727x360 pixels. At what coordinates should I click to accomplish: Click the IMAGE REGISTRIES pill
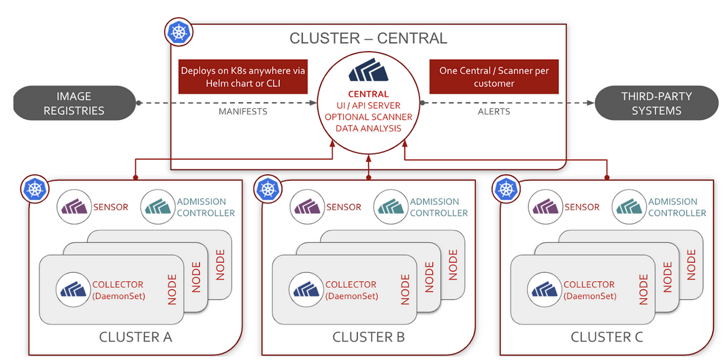[74, 103]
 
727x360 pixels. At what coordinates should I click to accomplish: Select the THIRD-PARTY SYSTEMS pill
[656, 103]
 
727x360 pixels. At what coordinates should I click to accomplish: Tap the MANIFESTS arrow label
[242, 111]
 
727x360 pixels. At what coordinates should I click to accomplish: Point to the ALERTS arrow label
[494, 111]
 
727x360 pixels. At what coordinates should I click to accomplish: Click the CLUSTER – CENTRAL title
[368, 38]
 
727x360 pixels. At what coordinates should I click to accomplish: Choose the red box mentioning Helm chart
[242, 77]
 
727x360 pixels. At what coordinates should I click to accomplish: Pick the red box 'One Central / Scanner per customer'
[494, 77]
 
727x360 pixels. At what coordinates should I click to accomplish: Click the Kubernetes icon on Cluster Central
[179, 32]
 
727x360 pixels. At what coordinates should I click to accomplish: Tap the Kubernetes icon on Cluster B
[268, 189]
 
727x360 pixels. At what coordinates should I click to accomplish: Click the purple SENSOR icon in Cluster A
[74, 207]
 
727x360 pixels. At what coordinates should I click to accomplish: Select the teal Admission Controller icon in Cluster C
[628, 207]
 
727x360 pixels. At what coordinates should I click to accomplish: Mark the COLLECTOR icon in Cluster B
[305, 289]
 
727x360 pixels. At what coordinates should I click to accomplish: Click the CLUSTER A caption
[135, 337]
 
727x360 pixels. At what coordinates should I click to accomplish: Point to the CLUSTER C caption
[607, 337]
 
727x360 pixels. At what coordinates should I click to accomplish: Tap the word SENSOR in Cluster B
[343, 207]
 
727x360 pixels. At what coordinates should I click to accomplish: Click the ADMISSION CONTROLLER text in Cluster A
[206, 207]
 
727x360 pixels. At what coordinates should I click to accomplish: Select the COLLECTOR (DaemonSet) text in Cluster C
[589, 290]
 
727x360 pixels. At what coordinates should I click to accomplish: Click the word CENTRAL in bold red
[368, 94]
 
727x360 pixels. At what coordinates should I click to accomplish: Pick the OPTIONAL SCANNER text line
[368, 116]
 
